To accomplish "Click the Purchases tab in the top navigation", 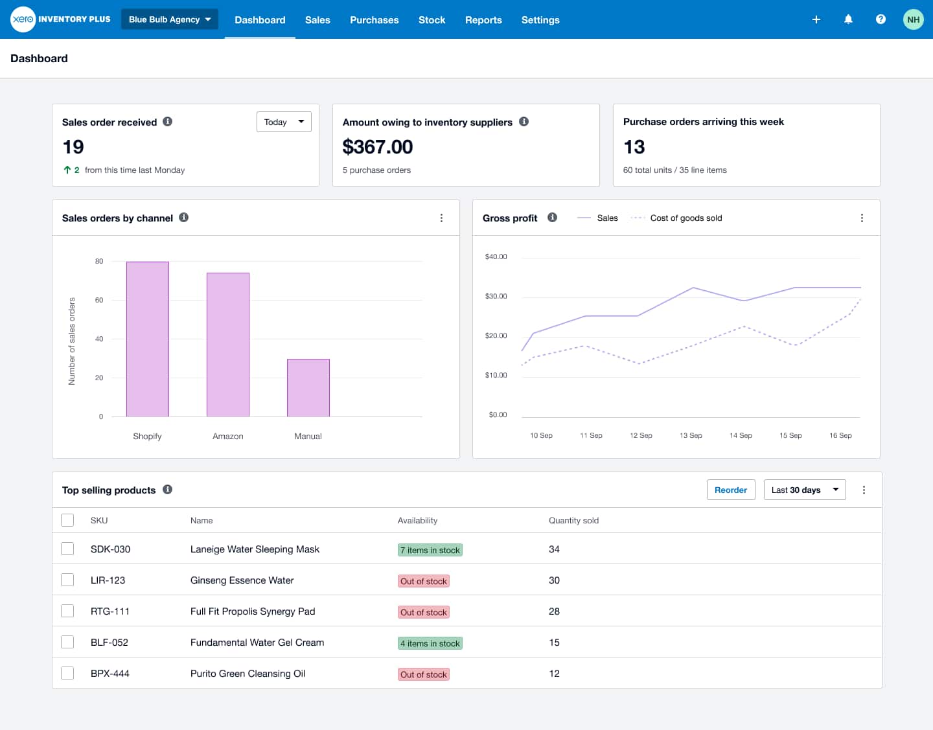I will pos(374,20).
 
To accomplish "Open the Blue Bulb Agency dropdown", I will pos(169,19).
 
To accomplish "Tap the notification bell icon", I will pos(848,19).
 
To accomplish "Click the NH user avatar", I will pos(913,19).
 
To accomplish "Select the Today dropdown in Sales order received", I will pos(284,122).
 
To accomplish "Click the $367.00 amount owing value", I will pos(377,147).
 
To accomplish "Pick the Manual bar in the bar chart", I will pos(308,387).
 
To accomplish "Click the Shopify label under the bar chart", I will pos(147,437).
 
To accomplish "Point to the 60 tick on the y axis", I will pos(99,301).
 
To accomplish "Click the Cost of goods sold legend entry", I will pos(685,218).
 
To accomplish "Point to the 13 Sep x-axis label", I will pos(691,436).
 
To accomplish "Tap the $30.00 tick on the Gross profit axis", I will pos(496,297).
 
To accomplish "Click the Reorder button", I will pos(730,490).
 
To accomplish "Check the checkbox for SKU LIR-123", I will pos(67,580).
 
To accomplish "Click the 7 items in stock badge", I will pos(430,551).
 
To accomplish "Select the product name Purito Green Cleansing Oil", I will pos(248,674).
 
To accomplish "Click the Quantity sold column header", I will pos(573,521).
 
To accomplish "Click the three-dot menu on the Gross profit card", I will pos(862,218).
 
